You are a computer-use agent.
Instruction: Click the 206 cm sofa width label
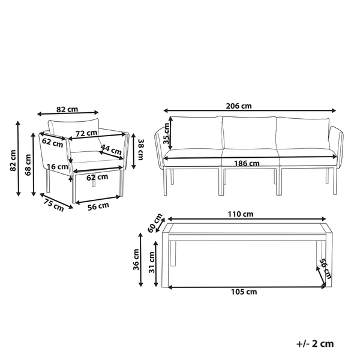click(x=239, y=106)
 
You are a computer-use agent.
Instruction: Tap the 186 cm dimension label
click(x=247, y=163)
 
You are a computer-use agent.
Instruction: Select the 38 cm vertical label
click(x=139, y=148)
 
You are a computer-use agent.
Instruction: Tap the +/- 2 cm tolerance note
click(x=315, y=344)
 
